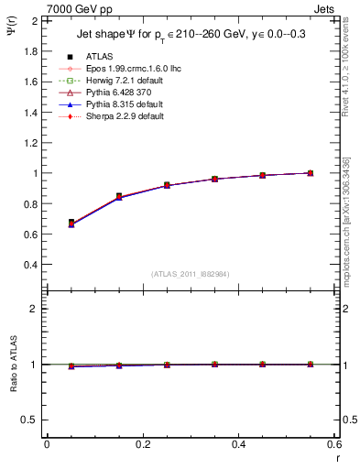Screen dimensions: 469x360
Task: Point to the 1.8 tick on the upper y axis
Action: pos(31,51)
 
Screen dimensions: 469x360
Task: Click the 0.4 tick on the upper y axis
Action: pos(31,265)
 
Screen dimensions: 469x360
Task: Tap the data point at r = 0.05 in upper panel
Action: pos(71,223)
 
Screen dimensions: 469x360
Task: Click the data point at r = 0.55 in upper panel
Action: pos(311,173)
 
